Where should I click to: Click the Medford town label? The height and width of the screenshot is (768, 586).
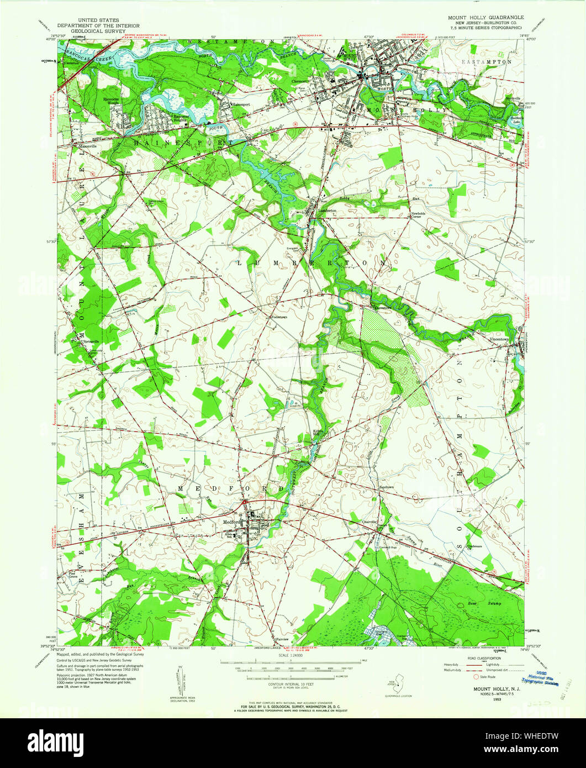(x=231, y=522)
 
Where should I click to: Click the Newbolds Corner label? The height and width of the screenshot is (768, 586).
(x=419, y=216)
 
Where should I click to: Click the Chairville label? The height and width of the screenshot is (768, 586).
(x=369, y=521)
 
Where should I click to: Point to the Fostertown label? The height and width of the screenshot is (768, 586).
(x=278, y=317)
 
